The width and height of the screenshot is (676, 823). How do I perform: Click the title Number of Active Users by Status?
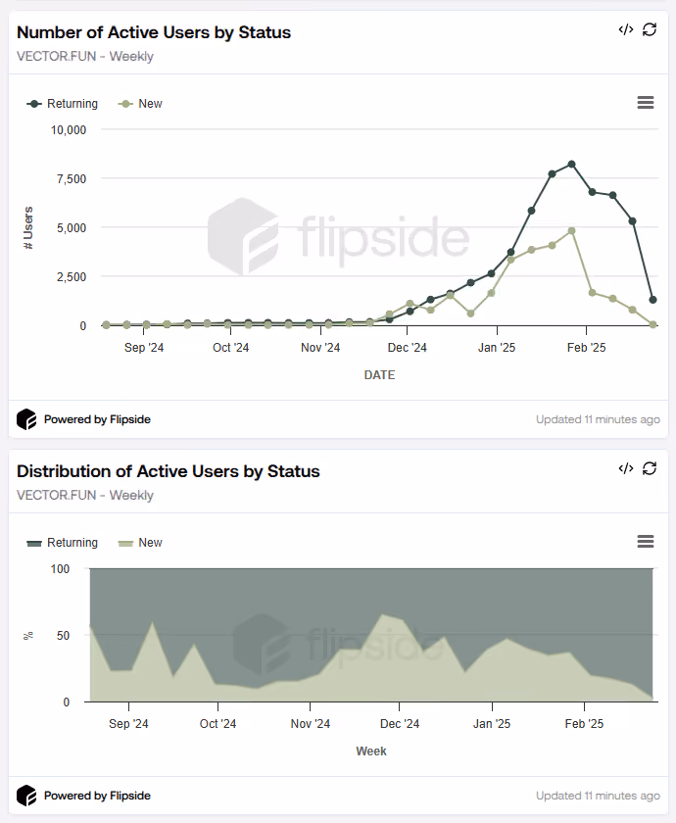click(154, 32)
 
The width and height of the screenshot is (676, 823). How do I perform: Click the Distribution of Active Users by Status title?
click(168, 471)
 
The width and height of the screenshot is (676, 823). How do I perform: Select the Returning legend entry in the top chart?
click(63, 104)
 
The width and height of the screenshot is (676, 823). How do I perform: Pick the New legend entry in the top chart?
click(140, 104)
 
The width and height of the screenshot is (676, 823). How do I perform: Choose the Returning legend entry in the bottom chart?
click(63, 543)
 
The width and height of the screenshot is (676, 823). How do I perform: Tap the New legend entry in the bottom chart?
click(140, 543)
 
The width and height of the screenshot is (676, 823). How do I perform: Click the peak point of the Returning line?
click(571, 165)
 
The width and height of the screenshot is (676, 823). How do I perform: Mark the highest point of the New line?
click(571, 231)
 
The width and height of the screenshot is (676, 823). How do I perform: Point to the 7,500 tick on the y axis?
click(72, 179)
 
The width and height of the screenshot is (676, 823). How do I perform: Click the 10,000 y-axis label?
click(69, 130)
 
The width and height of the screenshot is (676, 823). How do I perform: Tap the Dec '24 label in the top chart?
click(408, 348)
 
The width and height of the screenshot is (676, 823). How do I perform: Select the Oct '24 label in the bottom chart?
click(217, 724)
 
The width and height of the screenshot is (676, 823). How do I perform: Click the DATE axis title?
click(379, 375)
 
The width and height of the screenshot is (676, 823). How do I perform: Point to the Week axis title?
click(371, 751)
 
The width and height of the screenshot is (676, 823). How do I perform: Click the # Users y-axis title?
click(28, 227)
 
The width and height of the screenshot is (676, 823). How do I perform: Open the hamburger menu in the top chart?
click(646, 102)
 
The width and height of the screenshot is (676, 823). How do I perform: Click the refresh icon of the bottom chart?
click(650, 468)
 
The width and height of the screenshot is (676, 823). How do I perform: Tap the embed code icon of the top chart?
click(626, 29)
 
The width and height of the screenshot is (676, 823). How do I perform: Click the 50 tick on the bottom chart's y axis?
click(63, 636)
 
